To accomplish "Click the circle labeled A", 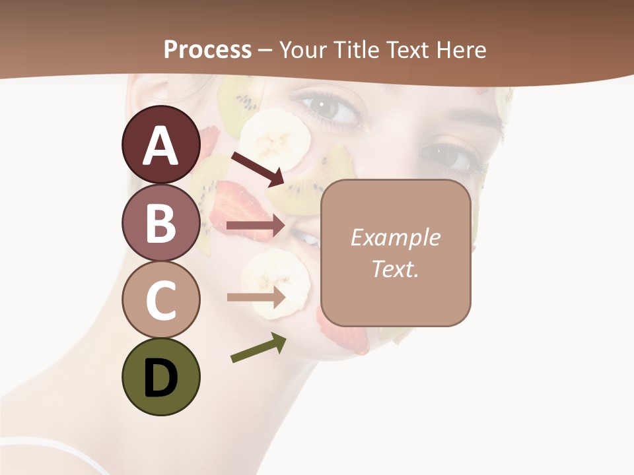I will (160, 144).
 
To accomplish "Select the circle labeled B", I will (160, 223).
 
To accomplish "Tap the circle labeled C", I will (160, 300).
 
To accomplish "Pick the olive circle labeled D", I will (160, 377).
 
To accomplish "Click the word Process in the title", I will (207, 49).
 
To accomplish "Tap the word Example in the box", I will (396, 237).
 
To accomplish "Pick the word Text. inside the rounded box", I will (396, 269).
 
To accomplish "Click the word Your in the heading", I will (304, 49).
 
